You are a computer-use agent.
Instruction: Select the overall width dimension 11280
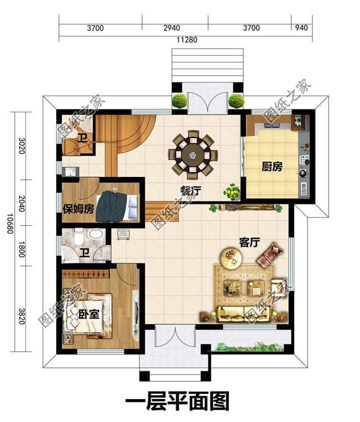pyautogui.click(x=185, y=40)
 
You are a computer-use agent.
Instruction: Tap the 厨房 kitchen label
pyautogui.click(x=272, y=167)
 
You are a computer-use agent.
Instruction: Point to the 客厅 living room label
pyautogui.click(x=249, y=242)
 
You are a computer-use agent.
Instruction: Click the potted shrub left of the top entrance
pyautogui.click(x=179, y=101)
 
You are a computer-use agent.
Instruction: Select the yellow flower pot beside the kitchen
pyautogui.click(x=231, y=192)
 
